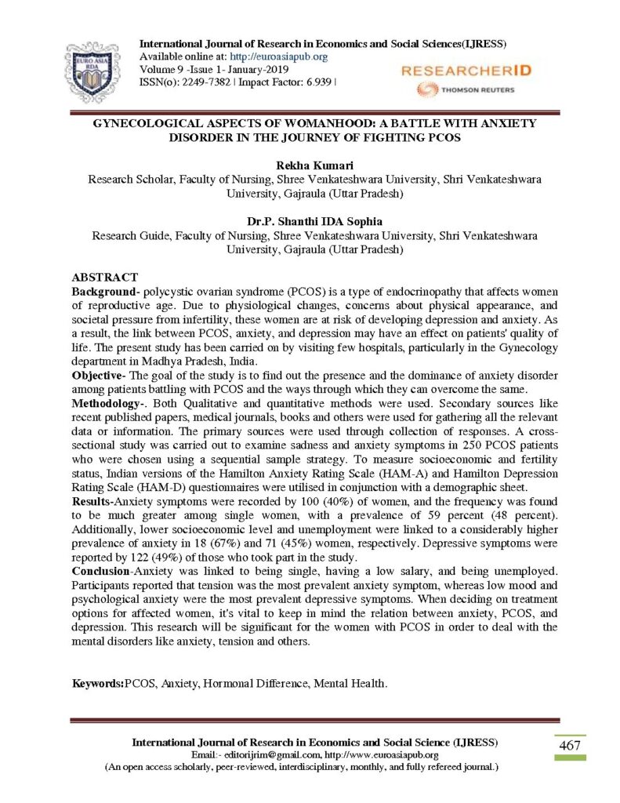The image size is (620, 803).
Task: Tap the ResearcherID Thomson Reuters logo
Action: click(465, 78)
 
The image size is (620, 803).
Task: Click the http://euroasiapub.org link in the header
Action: click(288, 56)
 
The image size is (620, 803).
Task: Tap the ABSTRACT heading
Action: click(105, 278)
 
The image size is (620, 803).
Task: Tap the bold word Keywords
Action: click(97, 683)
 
